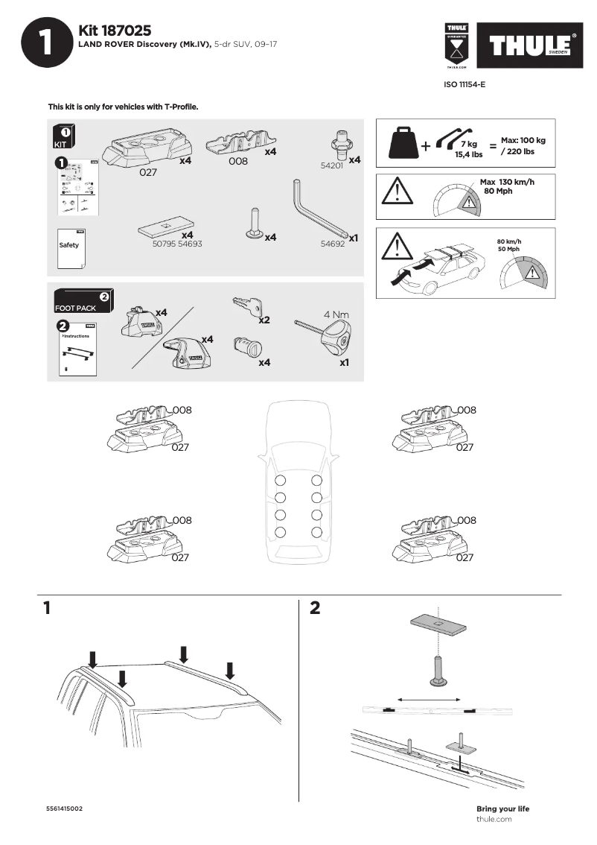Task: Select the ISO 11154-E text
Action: pyautogui.click(x=464, y=85)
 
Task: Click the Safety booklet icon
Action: pyautogui.click(x=71, y=245)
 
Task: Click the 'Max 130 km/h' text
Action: pyautogui.click(x=507, y=183)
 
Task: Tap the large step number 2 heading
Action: pyautogui.click(x=314, y=608)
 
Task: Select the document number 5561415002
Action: pyautogui.click(x=64, y=809)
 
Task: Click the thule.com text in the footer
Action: pyautogui.click(x=494, y=819)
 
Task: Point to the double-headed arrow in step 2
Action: pyautogui.click(x=430, y=699)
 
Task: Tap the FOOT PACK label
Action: pyautogui.click(x=75, y=308)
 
